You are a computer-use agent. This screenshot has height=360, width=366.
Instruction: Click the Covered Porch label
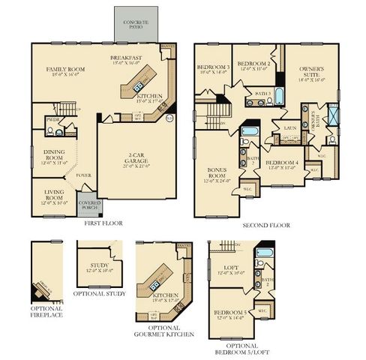pos(89,205)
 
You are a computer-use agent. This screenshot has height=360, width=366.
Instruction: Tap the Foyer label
pos(83,175)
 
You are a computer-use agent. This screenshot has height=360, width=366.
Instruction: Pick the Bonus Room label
pos(216,177)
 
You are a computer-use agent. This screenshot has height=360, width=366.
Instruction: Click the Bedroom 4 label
pos(282,164)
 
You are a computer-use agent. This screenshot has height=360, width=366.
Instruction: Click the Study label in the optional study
pos(100,267)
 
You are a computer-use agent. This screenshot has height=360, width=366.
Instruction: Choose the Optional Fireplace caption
pos(46,312)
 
